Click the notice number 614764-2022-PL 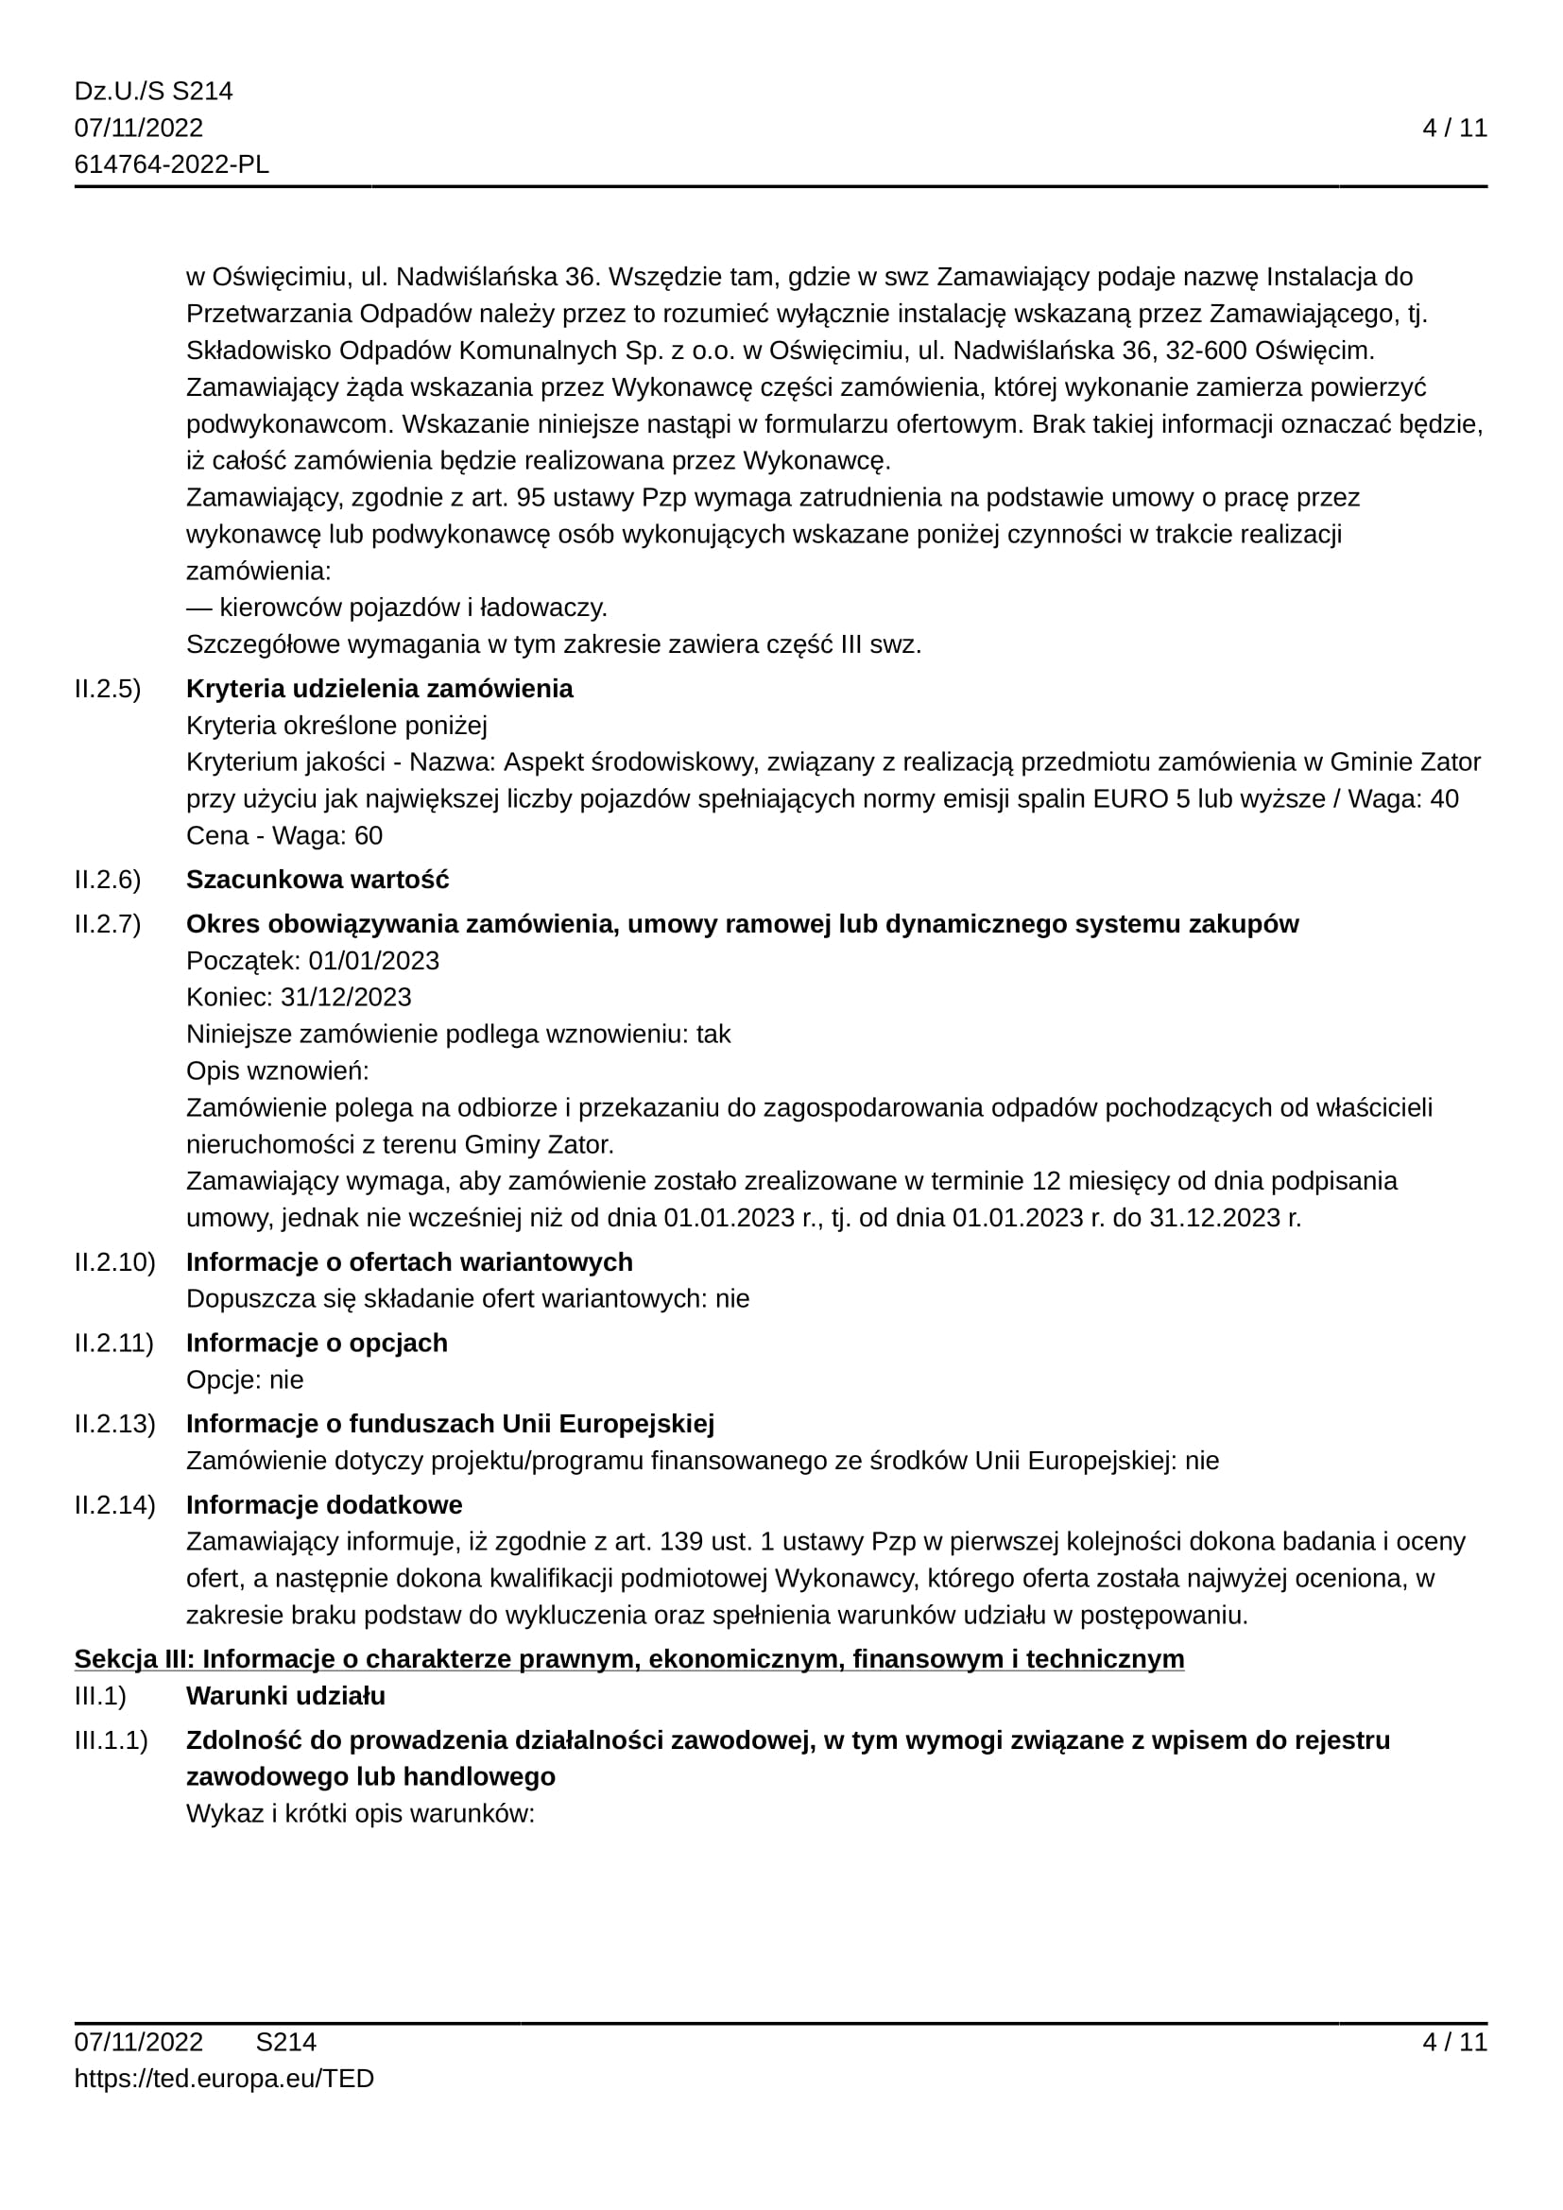[171, 164]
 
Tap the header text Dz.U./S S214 [154, 92]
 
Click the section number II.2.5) [108, 688]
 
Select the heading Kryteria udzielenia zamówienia [379, 688]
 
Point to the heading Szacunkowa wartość [318, 879]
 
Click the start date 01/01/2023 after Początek [373, 961]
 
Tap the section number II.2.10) [115, 1262]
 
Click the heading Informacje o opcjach [317, 1343]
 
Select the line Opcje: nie [245, 1379]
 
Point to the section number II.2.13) [115, 1424]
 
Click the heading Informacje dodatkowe [324, 1504]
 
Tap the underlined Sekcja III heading [629, 1658]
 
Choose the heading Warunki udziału [285, 1695]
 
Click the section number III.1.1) [112, 1739]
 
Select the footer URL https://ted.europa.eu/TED [224, 2078]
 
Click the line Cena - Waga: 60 [283, 835]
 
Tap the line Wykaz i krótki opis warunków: [360, 1813]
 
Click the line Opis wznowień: [277, 1071]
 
